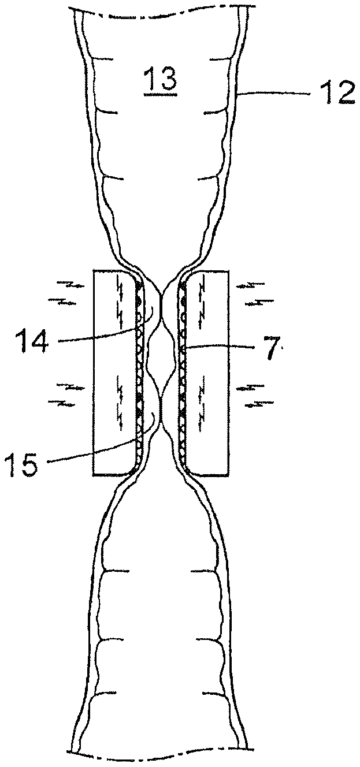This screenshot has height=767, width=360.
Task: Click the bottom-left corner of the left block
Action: [x=94, y=475]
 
